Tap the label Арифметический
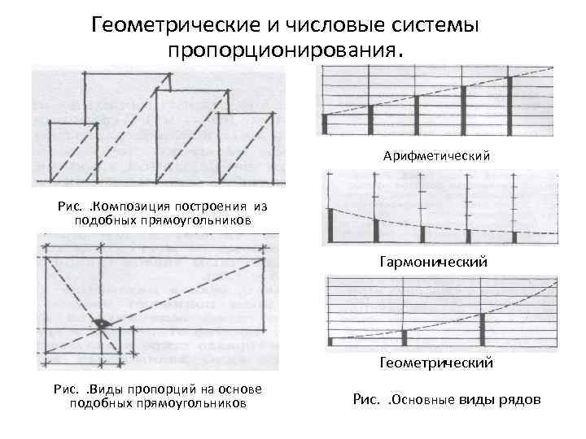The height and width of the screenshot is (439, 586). click(x=437, y=154)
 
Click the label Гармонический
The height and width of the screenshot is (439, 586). click(x=433, y=263)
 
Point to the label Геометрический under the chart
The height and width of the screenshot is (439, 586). click(x=435, y=363)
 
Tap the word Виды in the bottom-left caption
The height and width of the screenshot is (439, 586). click(x=110, y=390)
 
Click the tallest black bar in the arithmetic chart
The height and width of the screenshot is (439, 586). click(x=510, y=105)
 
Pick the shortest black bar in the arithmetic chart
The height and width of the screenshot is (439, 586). click(x=324, y=124)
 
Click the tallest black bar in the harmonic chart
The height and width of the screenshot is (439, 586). click(x=331, y=225)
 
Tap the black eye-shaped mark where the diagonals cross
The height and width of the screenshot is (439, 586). click(x=100, y=323)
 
